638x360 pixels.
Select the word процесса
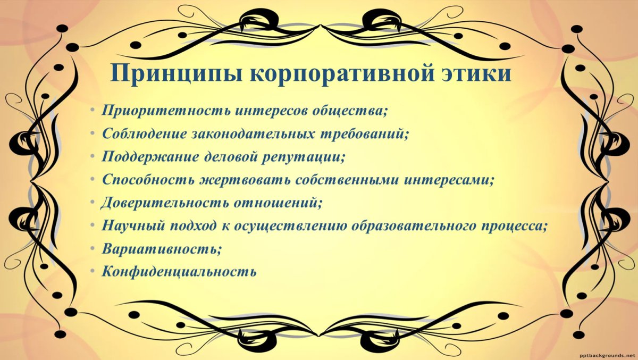pos(514,226)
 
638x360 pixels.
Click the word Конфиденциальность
pos(180,271)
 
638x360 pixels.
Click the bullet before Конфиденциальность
pos(93,271)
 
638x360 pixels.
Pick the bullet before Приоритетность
pos(93,111)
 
